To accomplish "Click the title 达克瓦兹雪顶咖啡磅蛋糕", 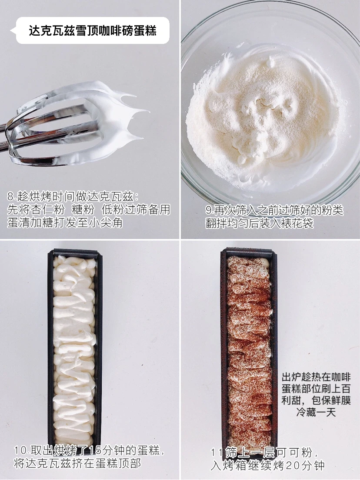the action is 93,30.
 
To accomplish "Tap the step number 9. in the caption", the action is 210,210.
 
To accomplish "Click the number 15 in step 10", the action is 95,450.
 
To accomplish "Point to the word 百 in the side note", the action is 346,389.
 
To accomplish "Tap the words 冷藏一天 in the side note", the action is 316,412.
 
